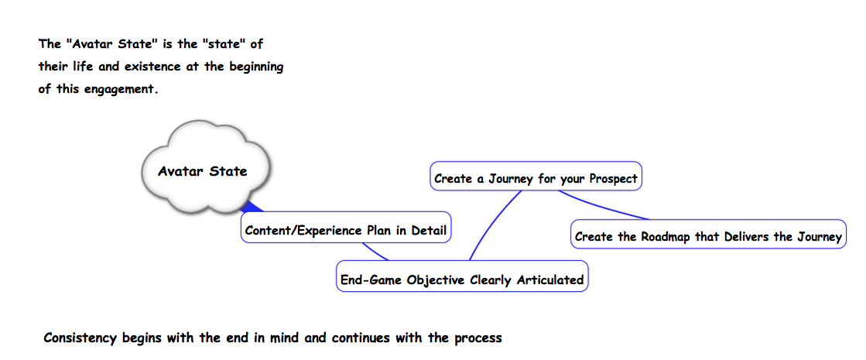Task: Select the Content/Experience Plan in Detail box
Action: coord(346,227)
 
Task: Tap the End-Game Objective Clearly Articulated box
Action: coord(462,276)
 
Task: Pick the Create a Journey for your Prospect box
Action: coord(536,177)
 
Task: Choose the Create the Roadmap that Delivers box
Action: coord(708,234)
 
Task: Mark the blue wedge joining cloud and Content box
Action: coord(253,207)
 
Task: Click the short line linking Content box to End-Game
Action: coord(375,252)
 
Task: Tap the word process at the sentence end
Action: coord(478,338)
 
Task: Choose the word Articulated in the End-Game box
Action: coord(550,280)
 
